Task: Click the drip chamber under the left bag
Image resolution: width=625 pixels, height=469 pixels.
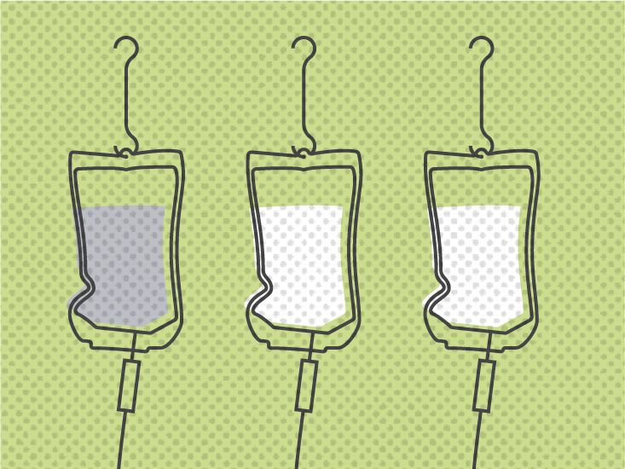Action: (131, 385)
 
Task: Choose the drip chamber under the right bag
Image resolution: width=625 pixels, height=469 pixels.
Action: (486, 385)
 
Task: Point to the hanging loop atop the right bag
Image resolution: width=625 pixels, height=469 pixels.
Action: (483, 152)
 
